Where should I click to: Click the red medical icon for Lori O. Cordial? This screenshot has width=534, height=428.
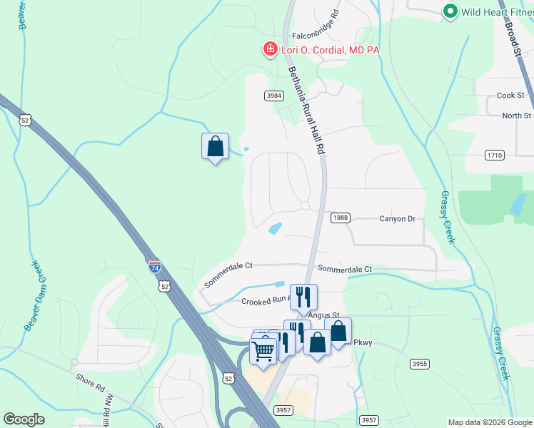[270, 50]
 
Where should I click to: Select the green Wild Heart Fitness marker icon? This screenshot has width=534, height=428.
[450, 11]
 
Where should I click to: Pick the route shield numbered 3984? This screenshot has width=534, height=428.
[275, 96]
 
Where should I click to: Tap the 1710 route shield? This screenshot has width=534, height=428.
[495, 155]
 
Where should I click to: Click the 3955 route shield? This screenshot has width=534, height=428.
[420, 364]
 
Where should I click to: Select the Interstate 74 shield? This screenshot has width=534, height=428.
[156, 267]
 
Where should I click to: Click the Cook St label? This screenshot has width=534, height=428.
[510, 96]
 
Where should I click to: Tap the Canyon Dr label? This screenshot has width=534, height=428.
[397, 219]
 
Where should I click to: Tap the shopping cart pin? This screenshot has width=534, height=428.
[263, 350]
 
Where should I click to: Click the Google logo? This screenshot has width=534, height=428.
[24, 419]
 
